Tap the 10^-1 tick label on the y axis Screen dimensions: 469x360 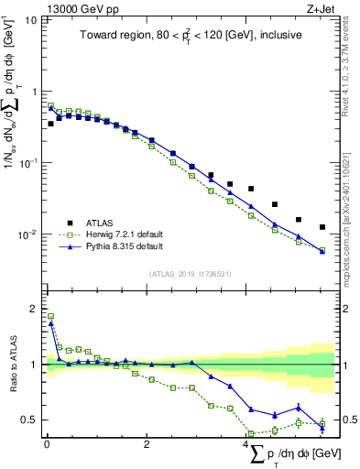click(x=27, y=163)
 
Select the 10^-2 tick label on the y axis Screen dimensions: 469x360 click(x=27, y=234)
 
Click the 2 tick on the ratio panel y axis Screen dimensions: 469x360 click(x=34, y=309)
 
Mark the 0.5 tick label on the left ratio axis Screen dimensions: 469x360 click(x=29, y=420)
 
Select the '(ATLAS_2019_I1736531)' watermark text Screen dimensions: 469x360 click(x=191, y=273)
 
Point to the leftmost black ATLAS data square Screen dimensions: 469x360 click(x=51, y=124)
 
